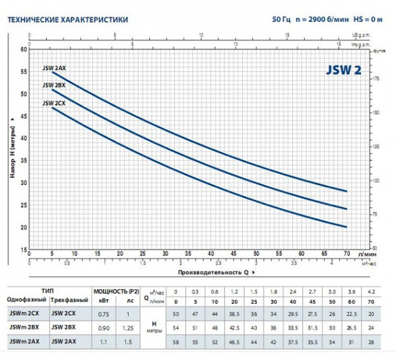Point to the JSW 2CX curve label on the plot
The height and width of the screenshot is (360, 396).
(x=53, y=102)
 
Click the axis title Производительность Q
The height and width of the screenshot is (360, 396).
(x=212, y=271)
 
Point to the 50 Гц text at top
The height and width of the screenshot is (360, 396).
(x=280, y=20)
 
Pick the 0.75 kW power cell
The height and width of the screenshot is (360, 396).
(x=102, y=314)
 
